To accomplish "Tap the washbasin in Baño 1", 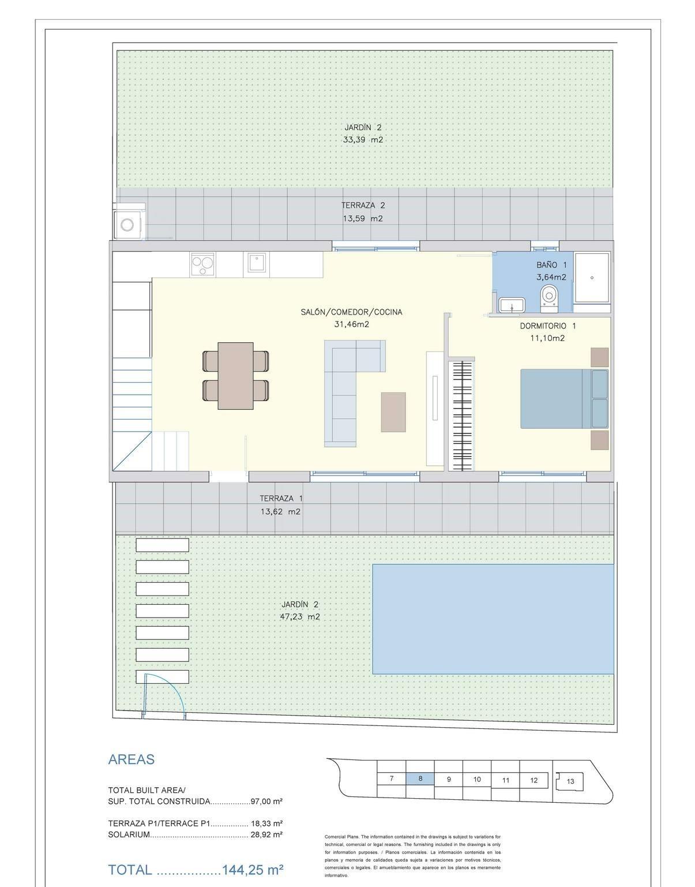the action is point(512,305).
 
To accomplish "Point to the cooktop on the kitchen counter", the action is point(202,264).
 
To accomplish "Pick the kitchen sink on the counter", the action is point(256,263).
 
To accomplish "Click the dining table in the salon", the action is point(235,376).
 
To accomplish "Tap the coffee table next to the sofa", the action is point(393,412).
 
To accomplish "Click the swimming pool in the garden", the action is point(493,619).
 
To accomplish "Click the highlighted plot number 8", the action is point(420,779).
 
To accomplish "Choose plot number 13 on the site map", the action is point(570,781).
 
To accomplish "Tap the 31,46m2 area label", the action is point(352,324).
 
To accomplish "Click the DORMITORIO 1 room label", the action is point(548,325).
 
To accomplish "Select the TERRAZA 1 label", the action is point(281,499).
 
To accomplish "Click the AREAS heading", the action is point(132,759).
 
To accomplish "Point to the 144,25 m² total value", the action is point(253,870).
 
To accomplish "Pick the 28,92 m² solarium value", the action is point(266,834).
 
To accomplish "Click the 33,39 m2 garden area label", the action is point(363,140).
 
